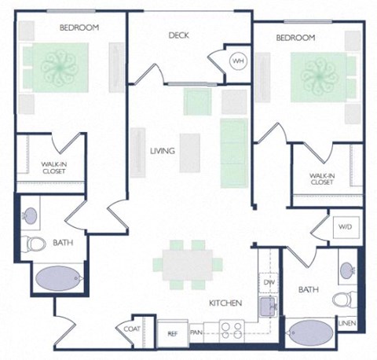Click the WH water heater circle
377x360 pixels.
point(237,61)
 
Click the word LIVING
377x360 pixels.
point(163,151)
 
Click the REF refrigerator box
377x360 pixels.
point(172,333)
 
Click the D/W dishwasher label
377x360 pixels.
point(268,281)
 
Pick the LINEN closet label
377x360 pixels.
point(346,323)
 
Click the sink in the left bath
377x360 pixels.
point(32,213)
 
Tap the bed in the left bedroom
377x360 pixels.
point(60,66)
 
